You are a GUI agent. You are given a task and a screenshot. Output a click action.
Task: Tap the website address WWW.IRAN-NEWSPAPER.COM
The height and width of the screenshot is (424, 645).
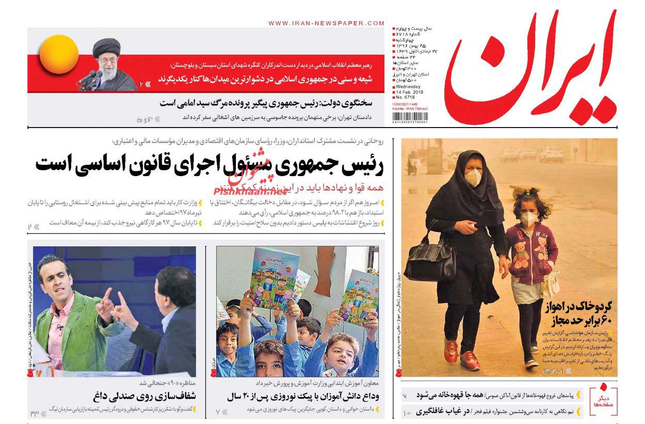326,23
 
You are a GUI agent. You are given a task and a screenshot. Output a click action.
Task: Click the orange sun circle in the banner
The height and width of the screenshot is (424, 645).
59,54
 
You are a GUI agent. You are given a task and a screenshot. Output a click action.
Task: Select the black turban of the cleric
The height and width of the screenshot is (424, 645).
106,45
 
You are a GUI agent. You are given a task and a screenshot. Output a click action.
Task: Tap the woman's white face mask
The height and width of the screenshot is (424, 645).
473,178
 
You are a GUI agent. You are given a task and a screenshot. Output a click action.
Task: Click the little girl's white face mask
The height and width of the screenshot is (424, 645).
529,219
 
